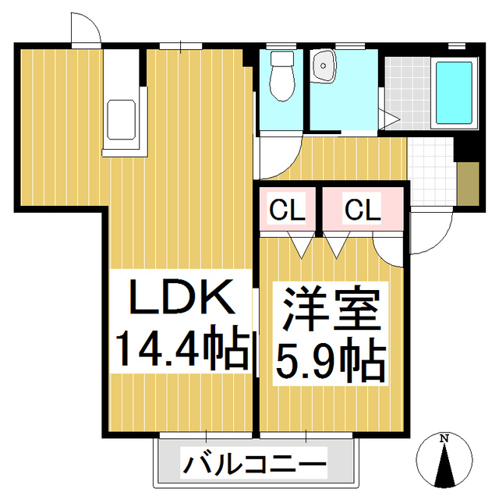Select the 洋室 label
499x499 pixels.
(x=330, y=309)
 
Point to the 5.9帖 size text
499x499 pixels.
(x=330, y=360)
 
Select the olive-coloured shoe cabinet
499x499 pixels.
(x=467, y=184)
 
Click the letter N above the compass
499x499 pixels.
(x=444, y=438)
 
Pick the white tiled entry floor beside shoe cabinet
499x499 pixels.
(x=431, y=173)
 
